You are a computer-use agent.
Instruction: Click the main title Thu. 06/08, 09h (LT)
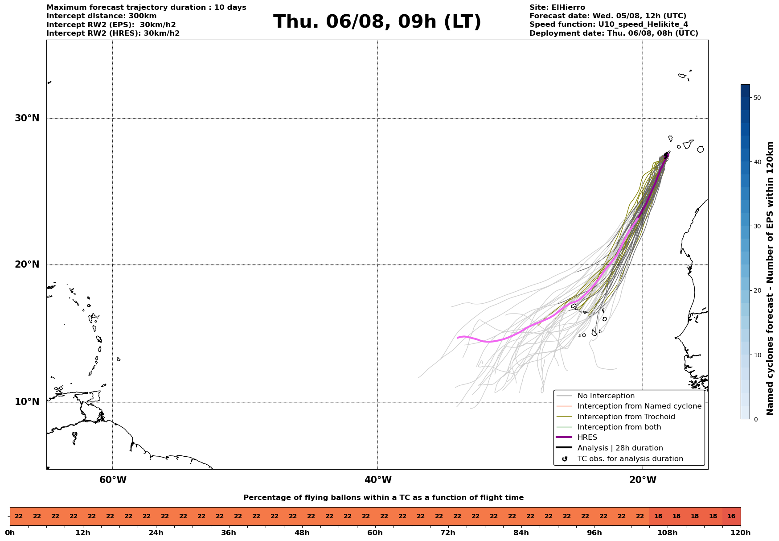point(377,22)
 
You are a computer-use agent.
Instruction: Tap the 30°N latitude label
point(27,118)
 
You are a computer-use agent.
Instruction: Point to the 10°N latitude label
point(27,402)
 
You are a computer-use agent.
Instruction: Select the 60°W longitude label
point(113,480)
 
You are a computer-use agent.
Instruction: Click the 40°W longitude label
point(378,480)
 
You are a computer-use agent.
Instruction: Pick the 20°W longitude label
point(643,480)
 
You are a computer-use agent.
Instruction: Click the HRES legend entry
point(587,438)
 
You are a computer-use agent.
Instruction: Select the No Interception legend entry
point(606,396)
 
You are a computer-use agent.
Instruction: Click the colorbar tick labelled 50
point(757,98)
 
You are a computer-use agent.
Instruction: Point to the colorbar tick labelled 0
point(755,419)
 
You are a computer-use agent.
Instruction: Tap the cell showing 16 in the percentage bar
point(731,516)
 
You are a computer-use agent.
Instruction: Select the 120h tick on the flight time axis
point(741,533)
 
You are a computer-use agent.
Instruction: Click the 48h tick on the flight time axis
point(302,533)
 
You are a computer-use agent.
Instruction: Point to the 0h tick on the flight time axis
point(10,533)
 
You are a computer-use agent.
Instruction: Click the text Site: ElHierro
point(557,8)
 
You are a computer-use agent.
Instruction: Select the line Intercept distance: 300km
point(102,16)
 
